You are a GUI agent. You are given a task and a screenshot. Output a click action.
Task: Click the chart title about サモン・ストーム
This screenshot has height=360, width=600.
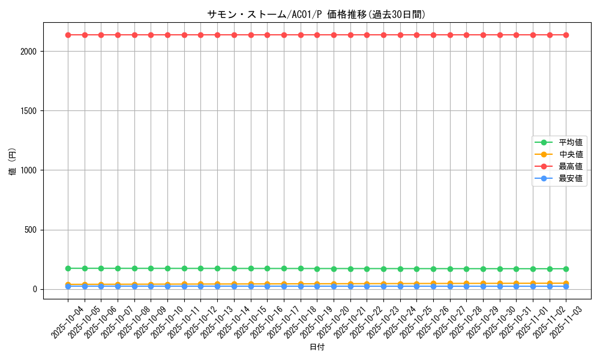[x=316, y=15]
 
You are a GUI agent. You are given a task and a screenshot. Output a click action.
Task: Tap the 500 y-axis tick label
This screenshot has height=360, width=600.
[x=31, y=230]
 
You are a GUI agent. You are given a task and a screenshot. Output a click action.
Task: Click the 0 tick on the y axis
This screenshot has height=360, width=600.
[x=35, y=289]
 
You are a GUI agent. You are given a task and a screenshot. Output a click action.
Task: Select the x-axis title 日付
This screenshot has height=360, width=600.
[x=317, y=347]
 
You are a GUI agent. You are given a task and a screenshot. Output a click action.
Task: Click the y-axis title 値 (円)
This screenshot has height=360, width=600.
[x=13, y=162]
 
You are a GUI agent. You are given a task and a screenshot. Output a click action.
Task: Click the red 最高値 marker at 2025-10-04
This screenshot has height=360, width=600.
[x=68, y=35]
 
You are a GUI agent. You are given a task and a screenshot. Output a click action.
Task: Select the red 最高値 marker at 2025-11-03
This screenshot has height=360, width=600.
[x=566, y=35]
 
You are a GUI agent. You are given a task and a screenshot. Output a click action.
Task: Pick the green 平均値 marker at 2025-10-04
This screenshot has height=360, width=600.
[x=68, y=268]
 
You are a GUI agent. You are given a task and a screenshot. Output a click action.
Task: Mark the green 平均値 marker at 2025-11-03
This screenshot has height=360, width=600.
[x=566, y=269]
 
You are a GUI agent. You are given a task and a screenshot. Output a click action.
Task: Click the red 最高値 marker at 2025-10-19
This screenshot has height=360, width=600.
[x=317, y=35]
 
